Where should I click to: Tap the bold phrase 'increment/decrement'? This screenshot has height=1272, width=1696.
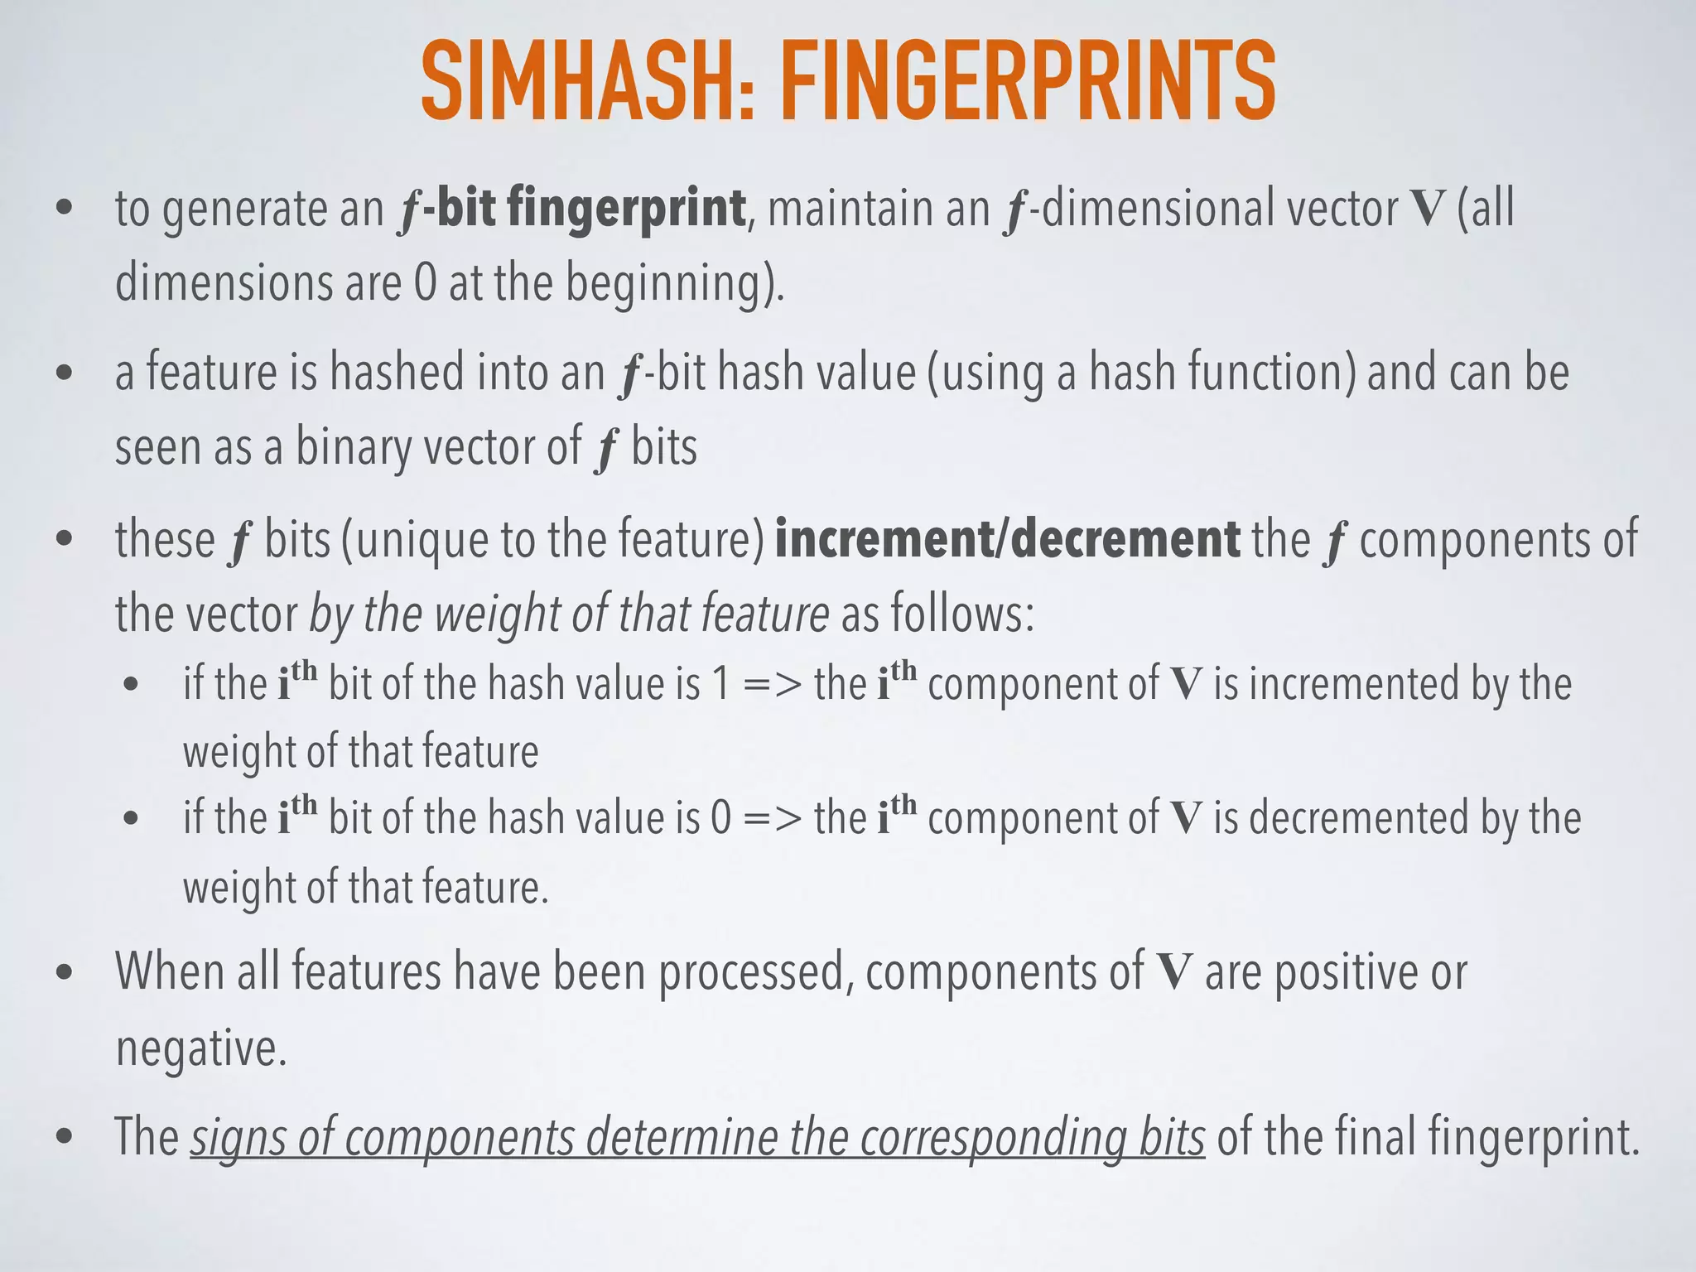[1007, 539]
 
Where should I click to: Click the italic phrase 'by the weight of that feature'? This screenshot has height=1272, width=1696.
[569, 614]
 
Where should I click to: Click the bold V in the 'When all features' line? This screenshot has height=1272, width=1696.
[1173, 971]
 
